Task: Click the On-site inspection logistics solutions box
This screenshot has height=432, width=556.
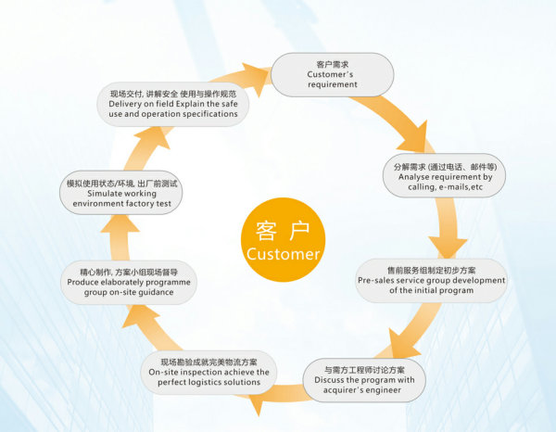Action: click(209, 371)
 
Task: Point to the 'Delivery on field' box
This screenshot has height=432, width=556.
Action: click(172, 104)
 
